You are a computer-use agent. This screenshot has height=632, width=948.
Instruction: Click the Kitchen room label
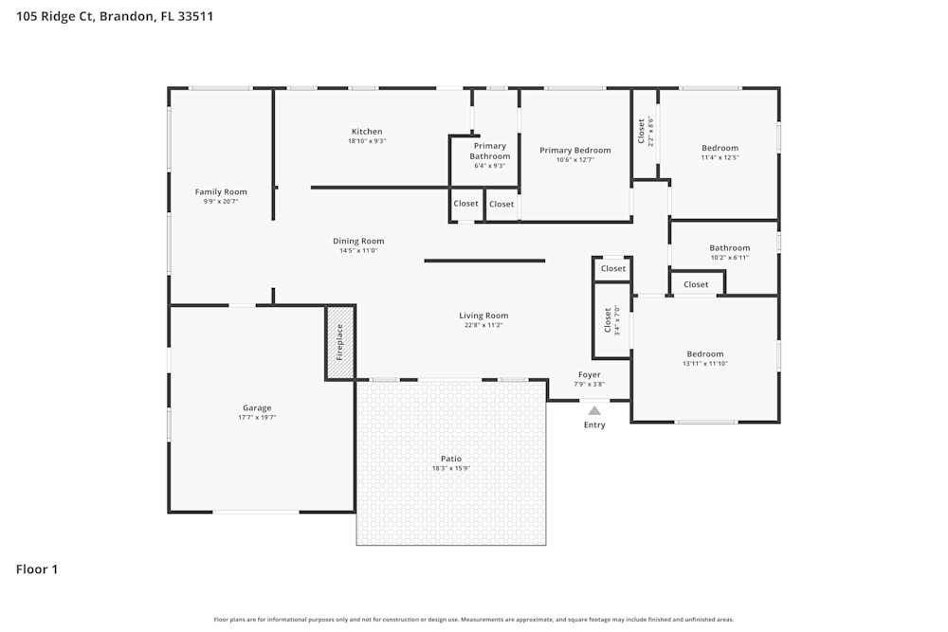[367, 132]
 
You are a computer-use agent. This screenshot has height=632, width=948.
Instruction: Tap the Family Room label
[221, 192]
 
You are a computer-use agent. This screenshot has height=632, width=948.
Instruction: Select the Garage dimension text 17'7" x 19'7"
[257, 417]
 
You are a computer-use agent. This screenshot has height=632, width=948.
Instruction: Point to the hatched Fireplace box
[340, 343]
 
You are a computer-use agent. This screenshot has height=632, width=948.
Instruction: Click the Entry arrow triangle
[594, 410]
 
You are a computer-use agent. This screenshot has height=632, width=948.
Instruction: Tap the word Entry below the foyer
[594, 425]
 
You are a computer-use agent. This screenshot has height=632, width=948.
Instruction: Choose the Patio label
[451, 459]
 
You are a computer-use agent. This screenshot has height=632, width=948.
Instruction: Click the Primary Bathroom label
[490, 152]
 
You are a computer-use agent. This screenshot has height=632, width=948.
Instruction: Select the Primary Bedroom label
[575, 151]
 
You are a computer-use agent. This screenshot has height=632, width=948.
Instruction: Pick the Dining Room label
[358, 242]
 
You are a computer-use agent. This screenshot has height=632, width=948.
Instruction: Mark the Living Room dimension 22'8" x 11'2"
[483, 325]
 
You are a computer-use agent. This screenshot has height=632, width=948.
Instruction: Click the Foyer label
[590, 375]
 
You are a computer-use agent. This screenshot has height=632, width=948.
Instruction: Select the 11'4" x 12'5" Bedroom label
[720, 152]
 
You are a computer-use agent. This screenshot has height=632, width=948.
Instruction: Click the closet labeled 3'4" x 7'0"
[612, 320]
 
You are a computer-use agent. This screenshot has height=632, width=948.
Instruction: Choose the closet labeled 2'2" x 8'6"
[645, 131]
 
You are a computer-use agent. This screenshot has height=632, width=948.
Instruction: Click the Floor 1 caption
[37, 569]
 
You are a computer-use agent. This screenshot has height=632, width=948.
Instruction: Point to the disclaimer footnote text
[474, 620]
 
